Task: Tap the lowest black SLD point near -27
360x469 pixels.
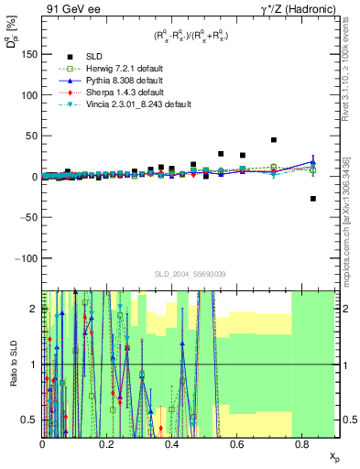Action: [x=312, y=199]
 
